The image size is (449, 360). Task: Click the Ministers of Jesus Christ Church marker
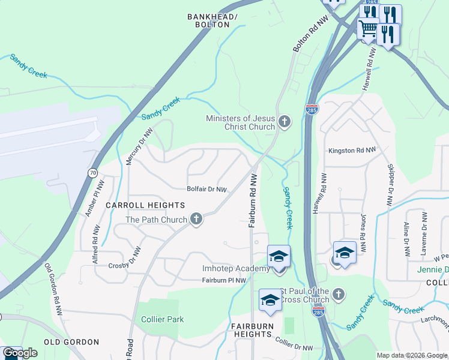pyautogui.click(x=285, y=122)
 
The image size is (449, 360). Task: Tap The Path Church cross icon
pyautogui.click(x=196, y=220)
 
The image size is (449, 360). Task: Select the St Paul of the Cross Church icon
pyautogui.click(x=339, y=295)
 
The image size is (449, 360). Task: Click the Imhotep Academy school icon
pyautogui.click(x=279, y=257)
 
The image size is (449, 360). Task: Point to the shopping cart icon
pyautogui.click(x=368, y=29)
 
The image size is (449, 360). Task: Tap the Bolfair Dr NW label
pyautogui.click(x=206, y=190)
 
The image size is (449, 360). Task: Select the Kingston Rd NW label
pyautogui.click(x=352, y=151)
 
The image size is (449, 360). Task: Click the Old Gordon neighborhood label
pyautogui.click(x=71, y=342)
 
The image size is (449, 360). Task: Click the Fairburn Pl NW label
pyautogui.click(x=224, y=280)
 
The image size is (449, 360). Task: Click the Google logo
pyautogui.click(x=20, y=353)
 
